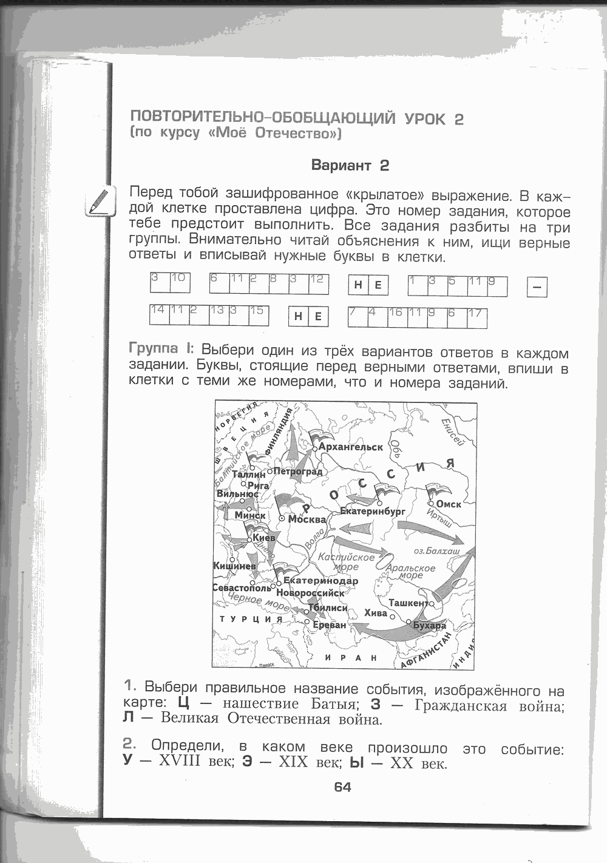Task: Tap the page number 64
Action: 342,787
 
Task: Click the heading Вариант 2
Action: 350,165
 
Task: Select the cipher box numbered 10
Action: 180,283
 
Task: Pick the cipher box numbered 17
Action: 477,317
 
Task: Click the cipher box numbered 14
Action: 159,314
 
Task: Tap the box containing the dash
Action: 537,286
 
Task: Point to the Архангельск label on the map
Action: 351,447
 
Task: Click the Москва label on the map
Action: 307,519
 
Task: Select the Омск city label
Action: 449,504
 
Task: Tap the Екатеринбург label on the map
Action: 372,512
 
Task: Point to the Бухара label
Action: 429,625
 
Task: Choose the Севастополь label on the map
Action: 242,588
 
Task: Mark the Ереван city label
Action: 330,624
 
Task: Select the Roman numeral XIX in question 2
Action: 294,762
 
